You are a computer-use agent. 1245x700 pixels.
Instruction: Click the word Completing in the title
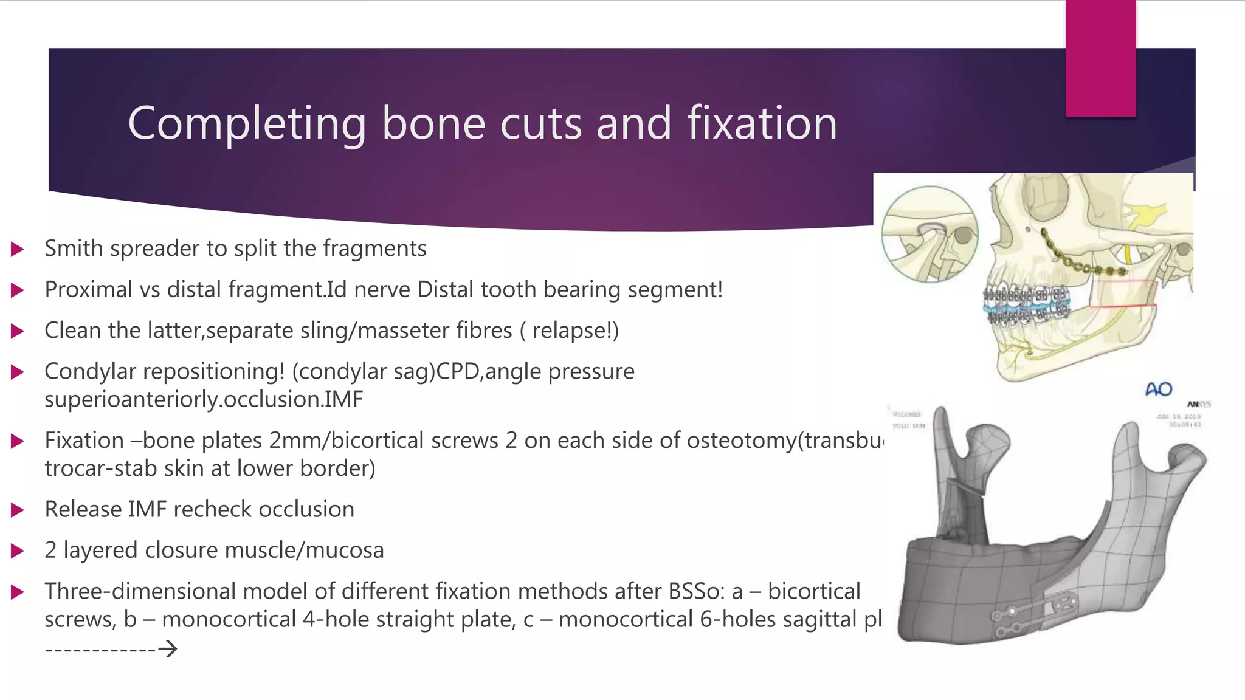pyautogui.click(x=246, y=123)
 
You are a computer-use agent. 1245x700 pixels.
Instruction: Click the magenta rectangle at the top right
pyautogui.click(x=1100, y=58)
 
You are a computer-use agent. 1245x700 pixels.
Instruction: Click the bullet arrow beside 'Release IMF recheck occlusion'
pyautogui.click(x=18, y=510)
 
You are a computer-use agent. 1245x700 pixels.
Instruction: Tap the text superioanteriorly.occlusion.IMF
pyautogui.click(x=204, y=399)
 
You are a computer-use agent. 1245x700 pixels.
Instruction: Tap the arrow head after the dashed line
pyautogui.click(x=168, y=649)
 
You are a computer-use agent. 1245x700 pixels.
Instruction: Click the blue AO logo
pyautogui.click(x=1158, y=389)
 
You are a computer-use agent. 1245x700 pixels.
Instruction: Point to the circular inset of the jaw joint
pyautogui.click(x=929, y=234)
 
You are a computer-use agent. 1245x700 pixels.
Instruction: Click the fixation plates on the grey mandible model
pyautogui.click(x=1033, y=614)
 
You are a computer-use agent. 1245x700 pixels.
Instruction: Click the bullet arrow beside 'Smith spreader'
pyautogui.click(x=18, y=249)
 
